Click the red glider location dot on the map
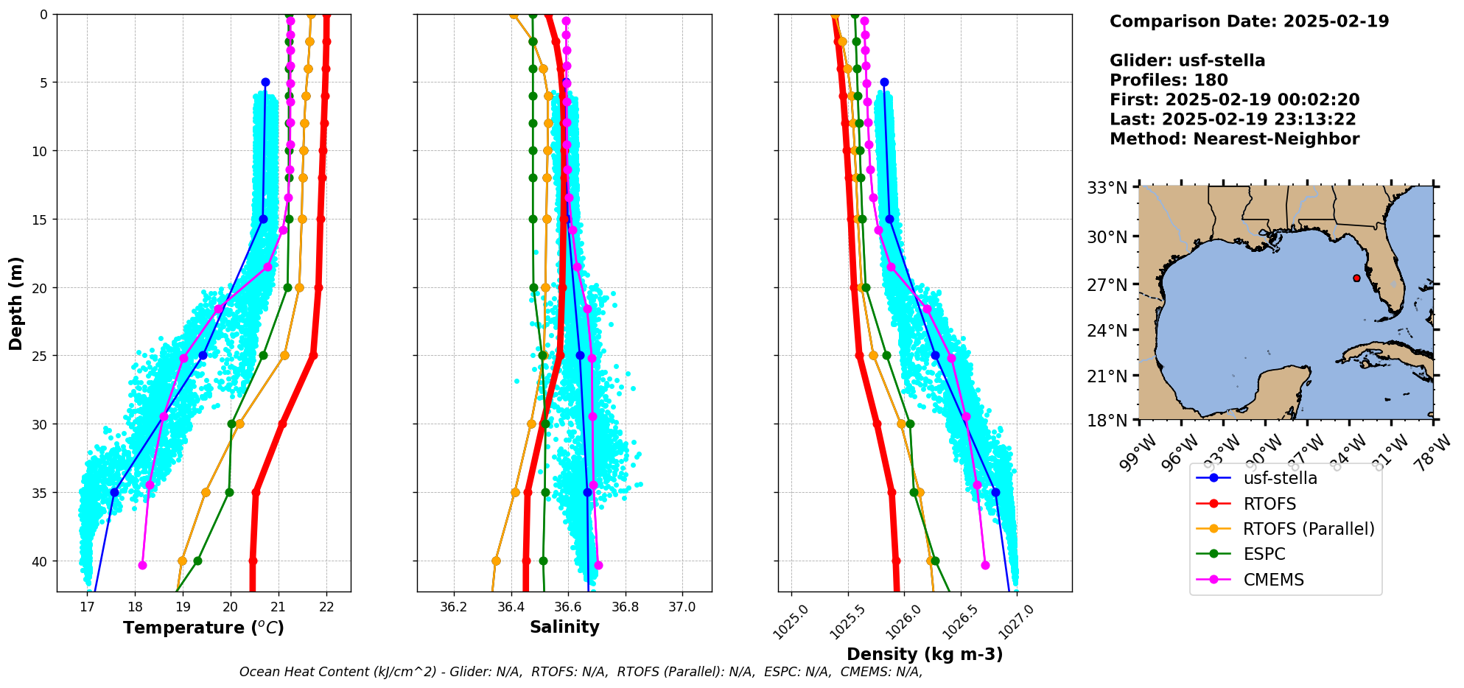click(1356, 278)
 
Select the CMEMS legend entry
click(1273, 580)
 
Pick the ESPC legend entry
click(1264, 554)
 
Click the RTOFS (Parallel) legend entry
click(1308, 529)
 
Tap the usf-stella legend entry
click(1280, 478)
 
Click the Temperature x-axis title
click(203, 628)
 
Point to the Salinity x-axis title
click(564, 627)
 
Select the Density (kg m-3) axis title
click(925, 654)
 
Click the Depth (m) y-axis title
click(16, 303)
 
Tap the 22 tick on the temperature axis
click(326, 607)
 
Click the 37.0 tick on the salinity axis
click(682, 607)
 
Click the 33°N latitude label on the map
click(1107, 188)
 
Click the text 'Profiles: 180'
click(1169, 80)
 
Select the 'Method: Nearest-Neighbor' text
click(1234, 138)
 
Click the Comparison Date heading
click(1249, 21)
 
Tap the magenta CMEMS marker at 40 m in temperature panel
click(142, 565)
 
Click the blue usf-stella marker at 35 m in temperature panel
click(114, 492)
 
